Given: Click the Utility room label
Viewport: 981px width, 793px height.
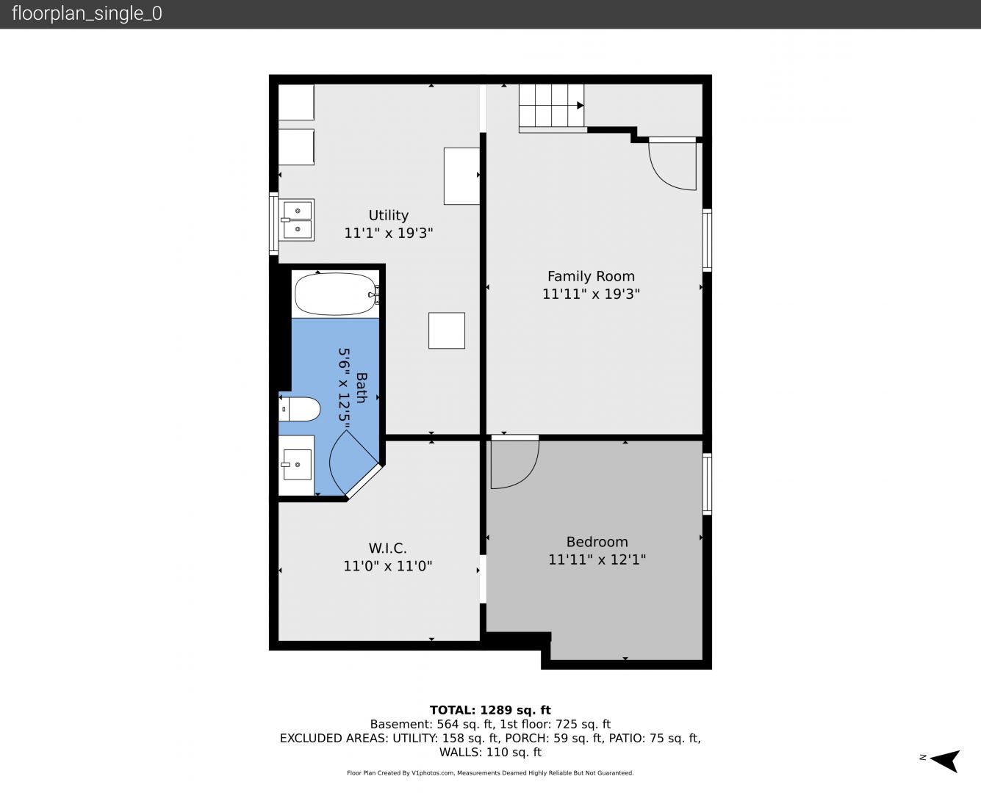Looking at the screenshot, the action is click(388, 215).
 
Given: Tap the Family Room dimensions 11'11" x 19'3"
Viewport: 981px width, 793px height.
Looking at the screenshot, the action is click(591, 294).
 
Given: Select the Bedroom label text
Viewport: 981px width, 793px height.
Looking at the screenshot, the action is click(597, 542).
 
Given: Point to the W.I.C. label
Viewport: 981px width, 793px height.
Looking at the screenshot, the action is click(387, 548).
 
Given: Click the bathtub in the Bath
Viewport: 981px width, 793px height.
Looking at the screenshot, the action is click(335, 294).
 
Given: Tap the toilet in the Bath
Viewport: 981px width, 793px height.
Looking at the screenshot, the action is click(299, 409).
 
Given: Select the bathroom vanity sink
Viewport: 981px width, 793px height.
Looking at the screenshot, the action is click(297, 465).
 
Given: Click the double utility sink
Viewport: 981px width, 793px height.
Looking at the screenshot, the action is click(297, 220).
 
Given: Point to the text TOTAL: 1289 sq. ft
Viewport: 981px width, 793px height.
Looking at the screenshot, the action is click(490, 710).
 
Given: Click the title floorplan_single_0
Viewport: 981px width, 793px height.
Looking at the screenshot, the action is click(87, 14).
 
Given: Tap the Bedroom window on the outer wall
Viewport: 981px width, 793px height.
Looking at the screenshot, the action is click(707, 484).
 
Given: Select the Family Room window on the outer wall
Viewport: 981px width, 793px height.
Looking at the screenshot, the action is click(707, 240).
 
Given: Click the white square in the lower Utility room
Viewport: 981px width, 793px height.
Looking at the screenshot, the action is click(447, 330).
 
